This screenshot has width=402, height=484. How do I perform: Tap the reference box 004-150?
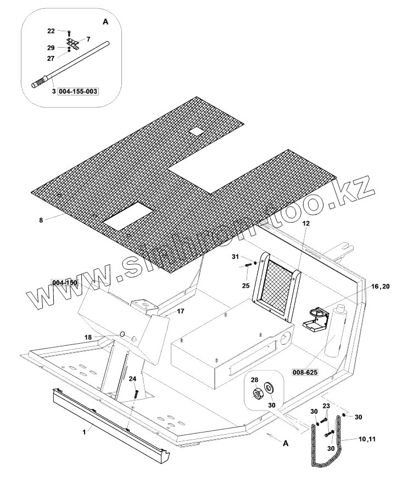(x=65, y=282)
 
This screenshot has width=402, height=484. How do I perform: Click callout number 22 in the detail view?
(x=59, y=32)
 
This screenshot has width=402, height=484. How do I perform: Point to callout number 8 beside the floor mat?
(x=41, y=220)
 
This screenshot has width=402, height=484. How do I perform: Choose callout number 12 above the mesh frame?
(x=306, y=223)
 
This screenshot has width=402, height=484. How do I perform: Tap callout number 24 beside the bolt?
(x=132, y=378)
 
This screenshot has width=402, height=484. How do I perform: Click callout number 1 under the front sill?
(x=85, y=432)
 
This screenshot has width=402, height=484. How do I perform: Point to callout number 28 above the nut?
(x=254, y=380)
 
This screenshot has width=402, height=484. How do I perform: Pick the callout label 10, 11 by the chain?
(x=366, y=440)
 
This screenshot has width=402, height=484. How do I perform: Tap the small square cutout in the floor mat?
(x=196, y=132)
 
